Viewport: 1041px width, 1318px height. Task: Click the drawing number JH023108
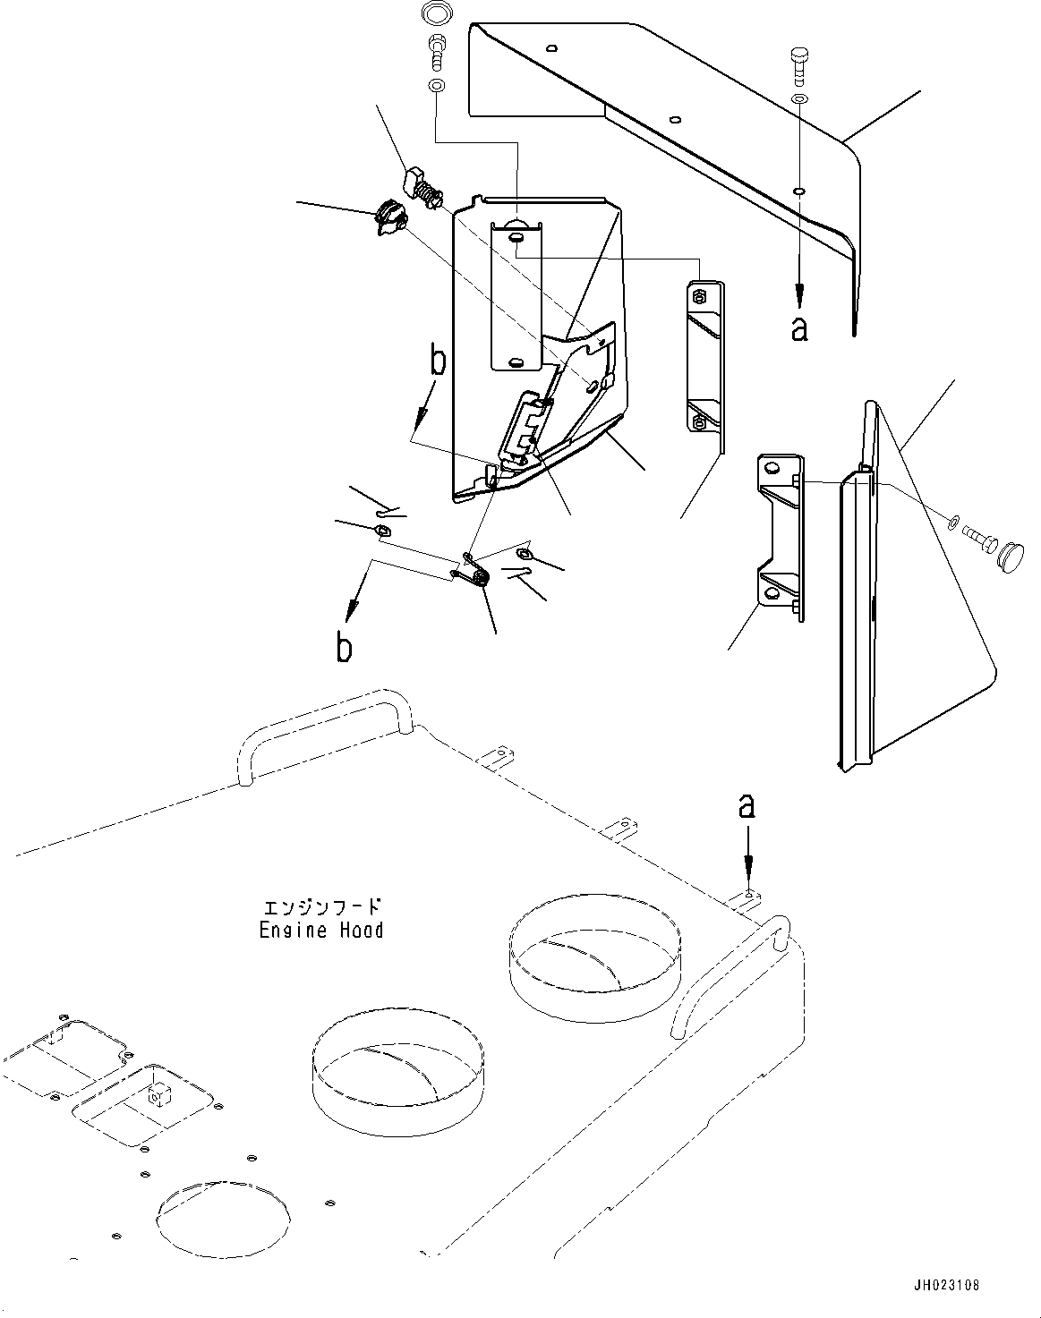coord(947,1285)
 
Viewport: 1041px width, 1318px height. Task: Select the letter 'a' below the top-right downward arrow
coord(799,328)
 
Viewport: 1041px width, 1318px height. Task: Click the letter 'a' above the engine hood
coord(746,807)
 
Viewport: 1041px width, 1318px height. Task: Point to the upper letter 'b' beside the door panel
coord(438,361)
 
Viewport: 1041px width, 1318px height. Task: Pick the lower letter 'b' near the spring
coord(344,647)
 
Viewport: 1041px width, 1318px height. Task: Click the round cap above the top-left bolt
coord(435,14)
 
